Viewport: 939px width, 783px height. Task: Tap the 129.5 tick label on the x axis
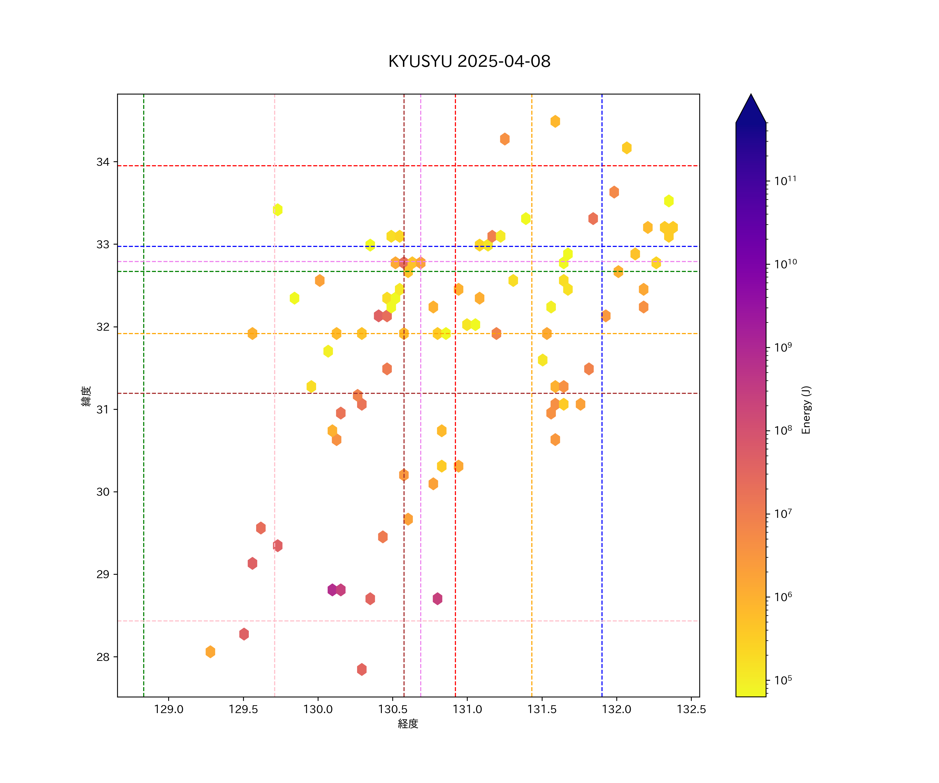(x=243, y=710)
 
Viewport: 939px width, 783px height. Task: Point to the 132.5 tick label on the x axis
(x=691, y=710)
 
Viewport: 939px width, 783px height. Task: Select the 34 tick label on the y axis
(x=103, y=162)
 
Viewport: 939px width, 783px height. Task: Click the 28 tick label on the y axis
(x=103, y=657)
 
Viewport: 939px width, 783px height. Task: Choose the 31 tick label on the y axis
(x=103, y=410)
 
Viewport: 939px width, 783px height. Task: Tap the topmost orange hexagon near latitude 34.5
(x=555, y=121)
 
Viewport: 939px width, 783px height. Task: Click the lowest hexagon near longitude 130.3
(x=362, y=669)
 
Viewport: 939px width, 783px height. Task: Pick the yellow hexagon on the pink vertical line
(x=278, y=209)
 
